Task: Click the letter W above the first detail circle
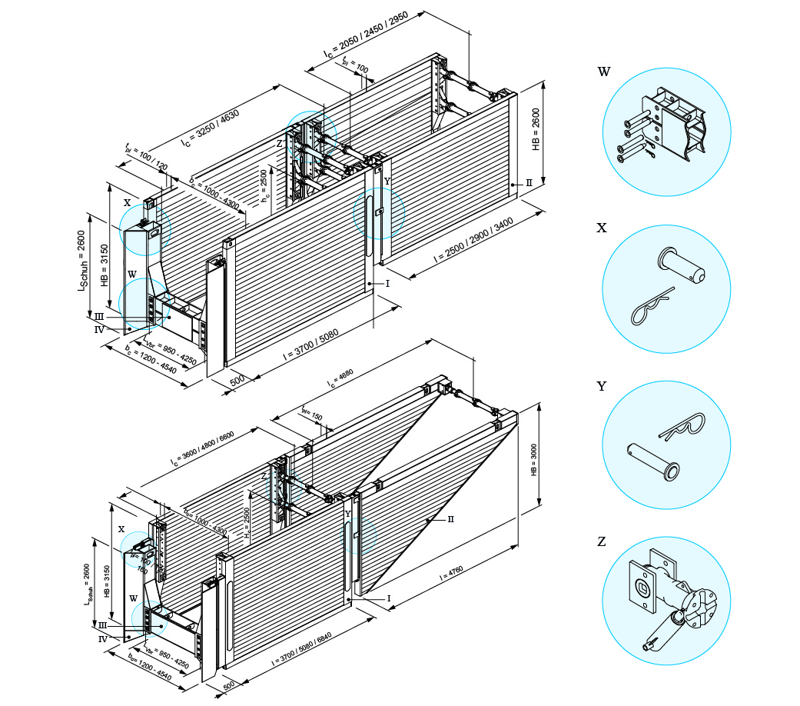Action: (x=604, y=72)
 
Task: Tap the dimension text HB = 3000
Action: (x=534, y=459)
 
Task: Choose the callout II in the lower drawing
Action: (x=451, y=519)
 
